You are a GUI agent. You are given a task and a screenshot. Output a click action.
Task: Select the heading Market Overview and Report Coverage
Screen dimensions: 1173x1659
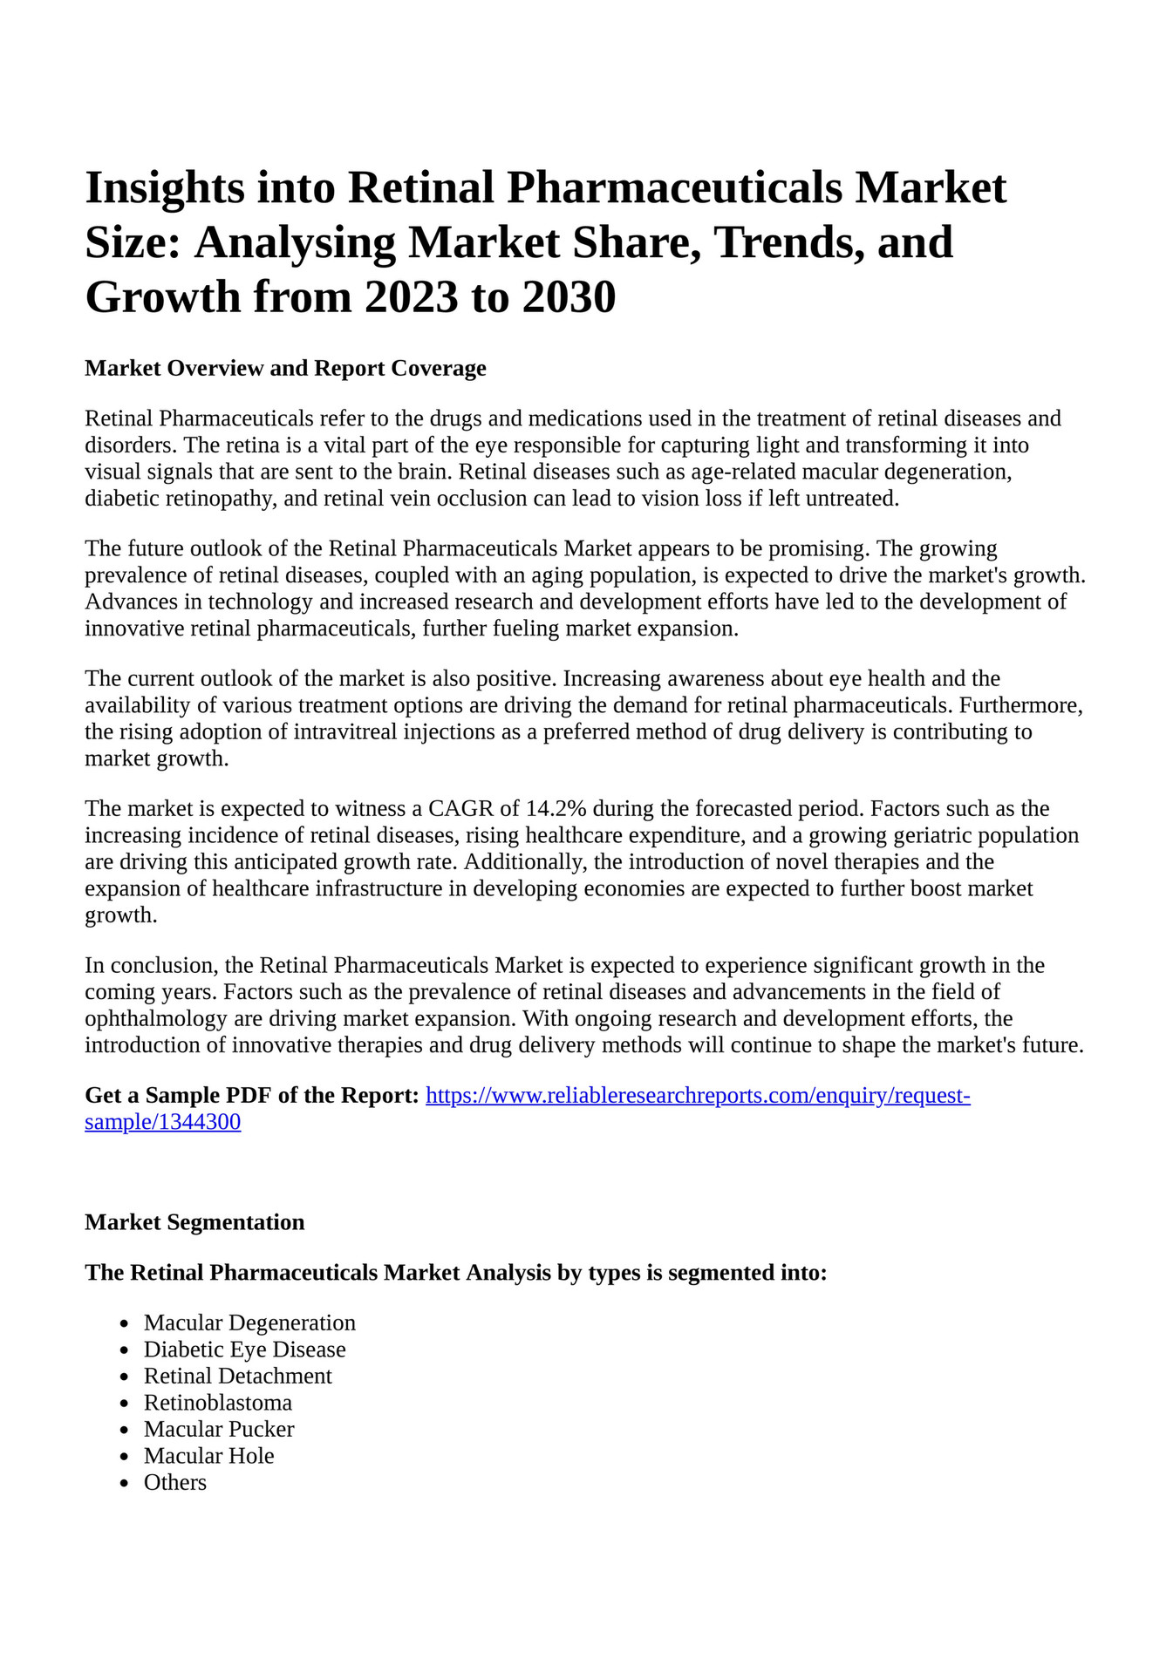point(285,368)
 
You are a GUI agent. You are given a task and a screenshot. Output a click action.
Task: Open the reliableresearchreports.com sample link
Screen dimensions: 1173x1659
point(698,1096)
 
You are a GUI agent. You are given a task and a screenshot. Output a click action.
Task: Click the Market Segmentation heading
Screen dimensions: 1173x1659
point(194,1222)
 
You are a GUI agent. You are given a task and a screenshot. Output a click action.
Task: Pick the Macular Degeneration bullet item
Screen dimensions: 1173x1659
point(249,1322)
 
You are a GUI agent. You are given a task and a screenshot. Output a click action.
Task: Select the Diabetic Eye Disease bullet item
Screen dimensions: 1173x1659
point(244,1350)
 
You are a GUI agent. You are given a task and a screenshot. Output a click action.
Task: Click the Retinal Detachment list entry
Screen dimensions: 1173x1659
point(237,1376)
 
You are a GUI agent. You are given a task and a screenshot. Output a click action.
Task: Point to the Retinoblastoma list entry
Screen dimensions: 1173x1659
point(218,1403)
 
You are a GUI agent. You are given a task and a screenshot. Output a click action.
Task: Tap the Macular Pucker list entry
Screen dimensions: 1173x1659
point(219,1429)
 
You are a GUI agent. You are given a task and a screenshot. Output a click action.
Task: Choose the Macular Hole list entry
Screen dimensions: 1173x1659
point(208,1456)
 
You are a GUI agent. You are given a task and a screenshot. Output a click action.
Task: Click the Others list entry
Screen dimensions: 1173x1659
point(175,1482)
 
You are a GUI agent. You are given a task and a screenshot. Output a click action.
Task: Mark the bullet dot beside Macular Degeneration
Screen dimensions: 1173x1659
point(126,1324)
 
